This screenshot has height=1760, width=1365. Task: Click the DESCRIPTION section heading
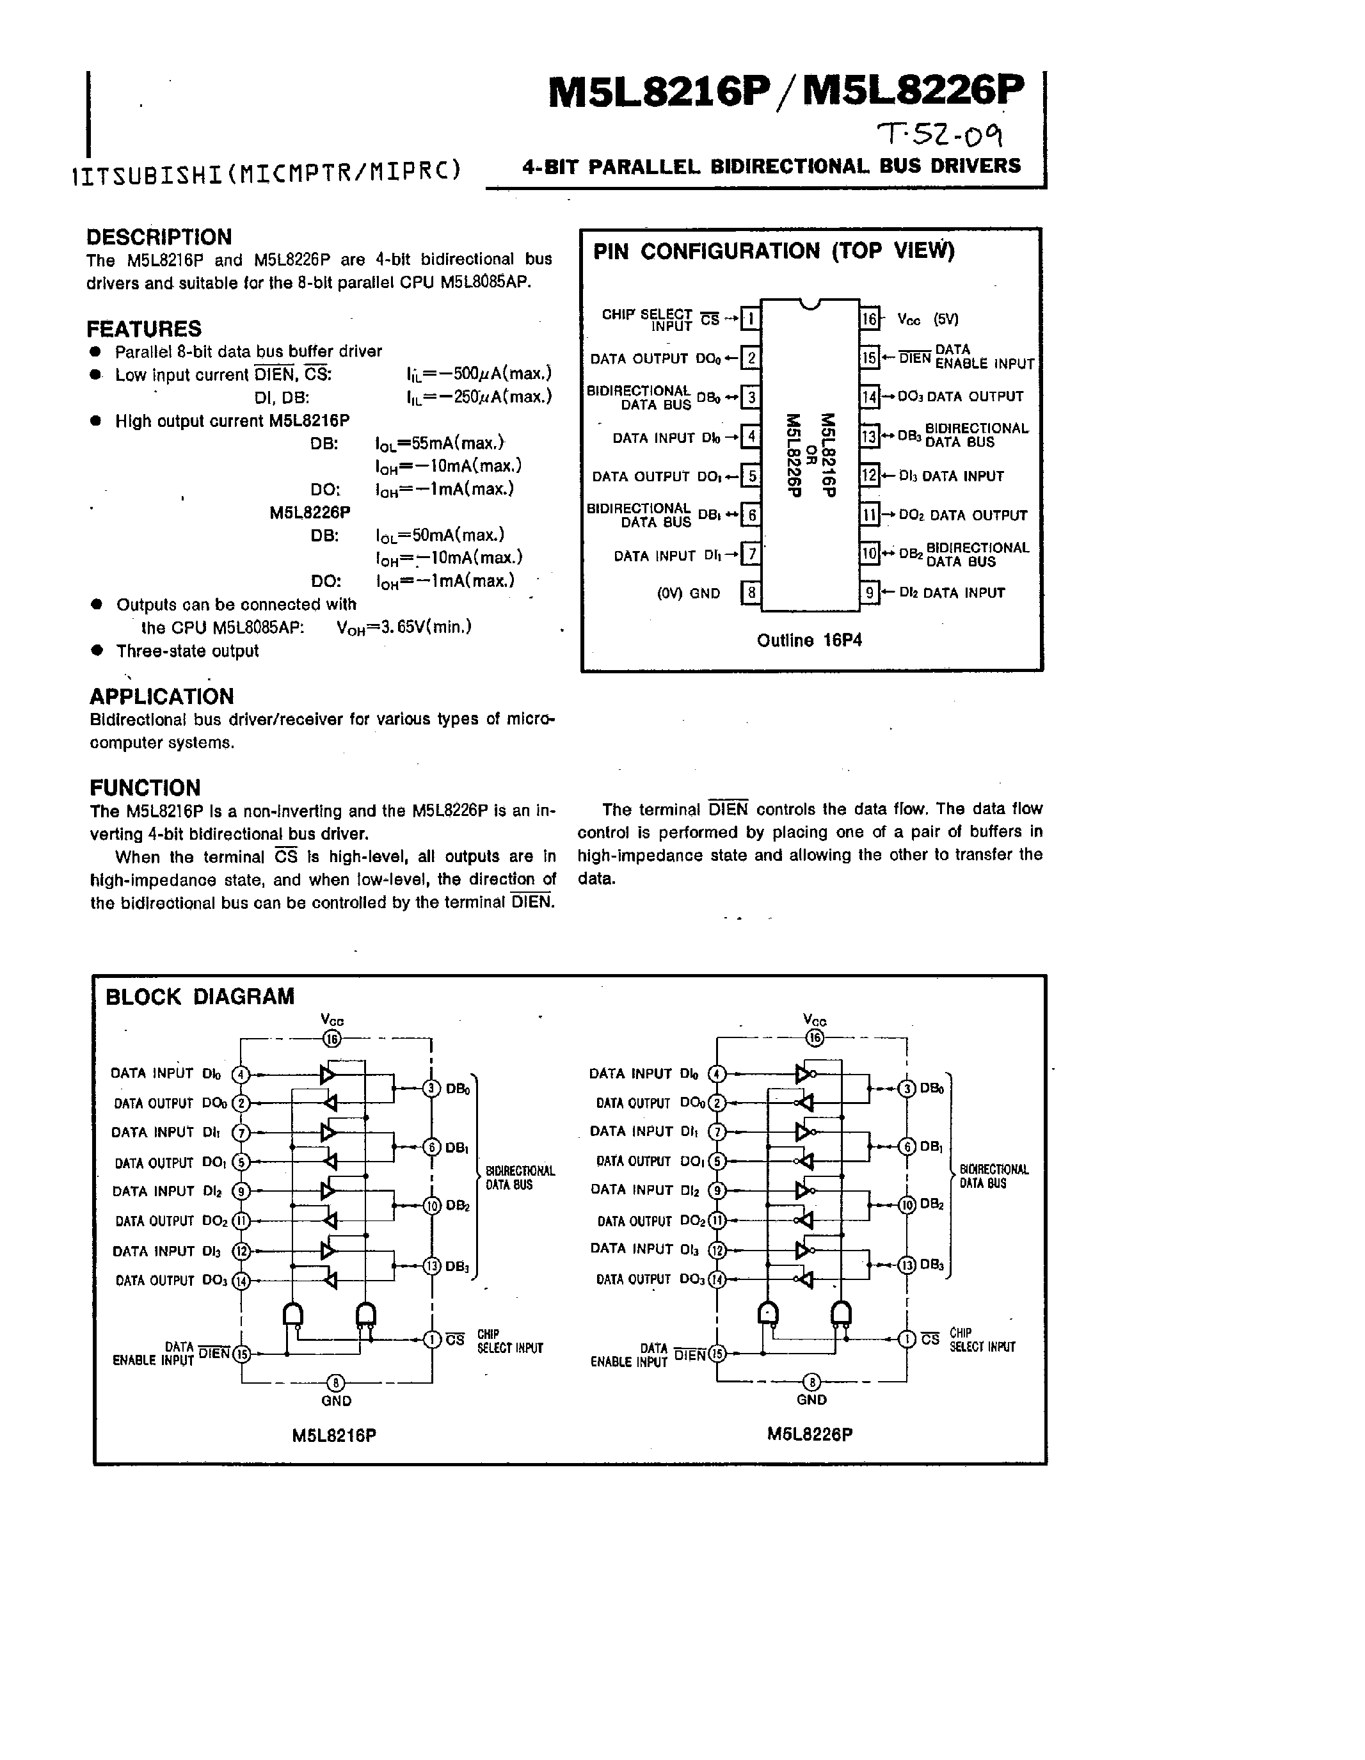click(159, 237)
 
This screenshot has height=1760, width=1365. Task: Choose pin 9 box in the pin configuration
click(870, 593)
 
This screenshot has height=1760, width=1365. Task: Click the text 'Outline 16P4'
click(809, 641)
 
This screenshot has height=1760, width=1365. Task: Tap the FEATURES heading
click(143, 329)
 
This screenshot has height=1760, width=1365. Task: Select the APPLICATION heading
click(161, 696)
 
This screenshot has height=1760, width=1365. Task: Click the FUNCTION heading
click(145, 787)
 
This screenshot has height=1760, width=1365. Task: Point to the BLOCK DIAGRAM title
click(200, 997)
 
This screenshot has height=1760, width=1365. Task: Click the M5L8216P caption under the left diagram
click(335, 1436)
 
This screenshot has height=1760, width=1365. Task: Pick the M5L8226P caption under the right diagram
click(810, 1434)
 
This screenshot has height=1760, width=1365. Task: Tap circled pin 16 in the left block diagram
click(332, 1039)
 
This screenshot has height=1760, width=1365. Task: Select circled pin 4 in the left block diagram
click(241, 1074)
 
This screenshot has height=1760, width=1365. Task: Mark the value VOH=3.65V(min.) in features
click(404, 627)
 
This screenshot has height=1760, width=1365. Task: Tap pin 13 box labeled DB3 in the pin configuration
click(870, 436)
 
